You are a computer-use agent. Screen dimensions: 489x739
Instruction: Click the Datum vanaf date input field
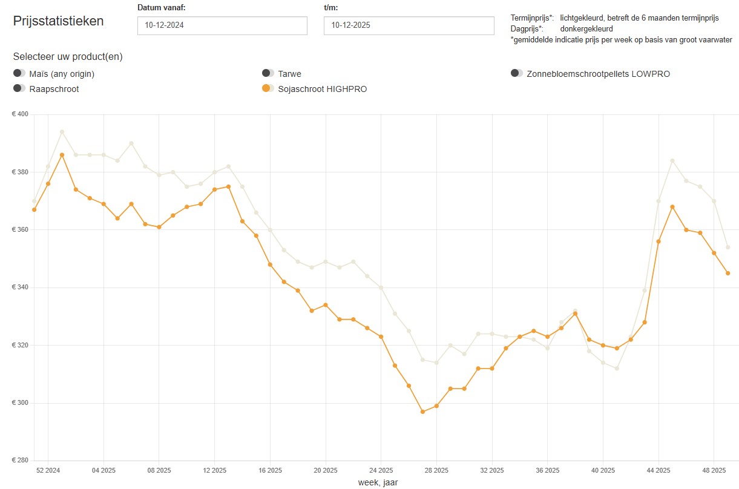point(222,25)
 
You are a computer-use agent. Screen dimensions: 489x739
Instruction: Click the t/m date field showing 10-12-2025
point(409,25)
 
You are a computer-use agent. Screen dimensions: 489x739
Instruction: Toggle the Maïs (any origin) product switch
point(19,73)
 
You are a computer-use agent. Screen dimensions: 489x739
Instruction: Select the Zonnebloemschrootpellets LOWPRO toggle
point(517,73)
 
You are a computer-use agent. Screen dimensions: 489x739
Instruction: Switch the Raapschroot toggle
point(19,88)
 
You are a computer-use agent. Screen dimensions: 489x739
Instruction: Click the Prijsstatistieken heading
point(59,21)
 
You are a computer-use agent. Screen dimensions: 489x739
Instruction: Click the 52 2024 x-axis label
point(48,470)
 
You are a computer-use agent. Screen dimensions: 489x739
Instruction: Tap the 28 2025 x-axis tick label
point(436,470)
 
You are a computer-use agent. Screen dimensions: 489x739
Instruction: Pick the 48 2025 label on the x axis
point(714,470)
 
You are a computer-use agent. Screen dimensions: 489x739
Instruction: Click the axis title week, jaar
point(378,482)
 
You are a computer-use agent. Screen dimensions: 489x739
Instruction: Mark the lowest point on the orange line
point(422,412)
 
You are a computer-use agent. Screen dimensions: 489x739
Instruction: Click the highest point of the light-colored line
point(62,132)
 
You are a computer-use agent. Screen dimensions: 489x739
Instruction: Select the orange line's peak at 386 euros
point(62,155)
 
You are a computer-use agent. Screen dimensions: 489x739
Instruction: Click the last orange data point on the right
point(728,273)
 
